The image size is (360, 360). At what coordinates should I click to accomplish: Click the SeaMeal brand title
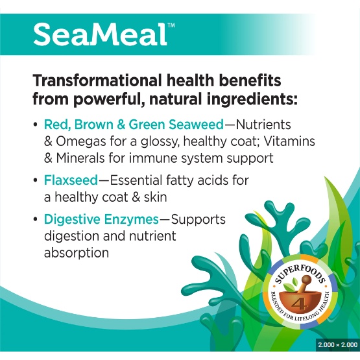click(100, 34)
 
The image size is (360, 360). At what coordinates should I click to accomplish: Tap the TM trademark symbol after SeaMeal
click(171, 25)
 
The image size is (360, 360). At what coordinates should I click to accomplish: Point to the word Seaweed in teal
click(196, 125)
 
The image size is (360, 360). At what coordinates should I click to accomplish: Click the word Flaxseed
click(71, 180)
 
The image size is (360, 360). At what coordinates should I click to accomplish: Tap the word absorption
click(77, 253)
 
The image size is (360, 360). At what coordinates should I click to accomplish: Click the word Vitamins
click(289, 141)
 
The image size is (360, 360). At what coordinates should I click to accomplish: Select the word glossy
click(160, 142)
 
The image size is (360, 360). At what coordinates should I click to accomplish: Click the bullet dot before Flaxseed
click(35, 180)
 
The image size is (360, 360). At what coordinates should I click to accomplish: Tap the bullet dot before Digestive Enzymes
click(35, 220)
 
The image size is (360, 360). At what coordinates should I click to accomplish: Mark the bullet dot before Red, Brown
click(35, 125)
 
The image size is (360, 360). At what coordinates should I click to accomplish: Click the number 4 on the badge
click(298, 304)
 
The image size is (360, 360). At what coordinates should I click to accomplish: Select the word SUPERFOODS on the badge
click(300, 274)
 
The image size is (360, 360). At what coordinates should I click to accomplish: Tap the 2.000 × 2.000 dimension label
click(337, 344)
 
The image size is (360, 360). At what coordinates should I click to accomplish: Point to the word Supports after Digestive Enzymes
click(198, 220)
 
